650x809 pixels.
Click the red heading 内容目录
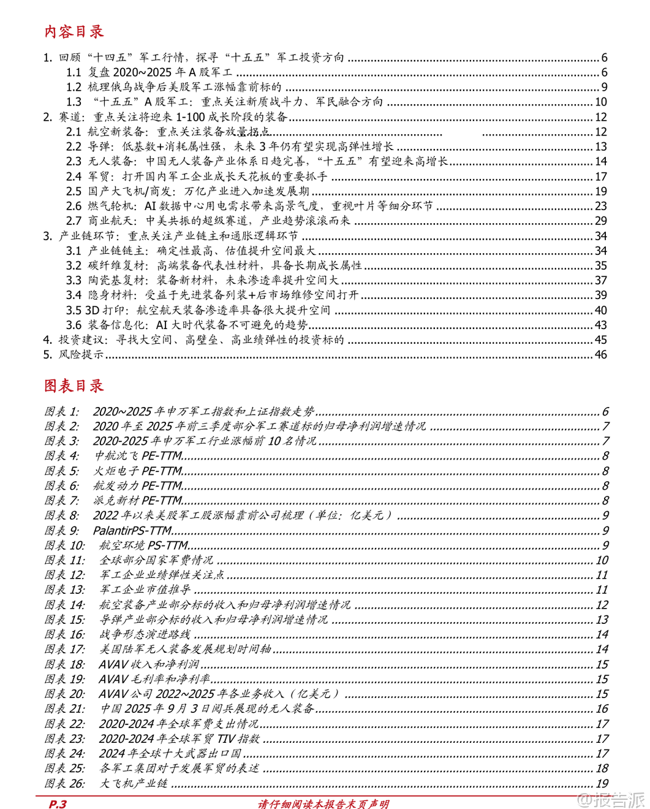(74, 32)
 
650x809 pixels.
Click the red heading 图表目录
(74, 386)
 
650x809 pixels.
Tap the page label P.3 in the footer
(57, 803)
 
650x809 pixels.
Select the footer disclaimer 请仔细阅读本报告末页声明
(323, 803)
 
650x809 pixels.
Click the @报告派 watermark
(611, 799)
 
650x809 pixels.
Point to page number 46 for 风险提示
(600, 354)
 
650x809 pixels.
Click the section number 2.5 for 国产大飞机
(74, 191)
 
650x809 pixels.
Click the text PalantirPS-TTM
(132, 530)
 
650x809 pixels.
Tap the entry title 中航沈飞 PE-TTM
(138, 455)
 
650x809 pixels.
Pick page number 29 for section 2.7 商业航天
(600, 221)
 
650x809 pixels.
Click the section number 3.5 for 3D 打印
(74, 310)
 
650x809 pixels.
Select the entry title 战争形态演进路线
(145, 634)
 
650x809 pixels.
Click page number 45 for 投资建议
(600, 340)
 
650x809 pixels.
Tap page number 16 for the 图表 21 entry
(602, 708)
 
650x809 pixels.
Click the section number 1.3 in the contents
(74, 102)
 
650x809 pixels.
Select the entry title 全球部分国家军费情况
(156, 560)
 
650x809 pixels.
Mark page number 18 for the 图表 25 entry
(602, 768)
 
